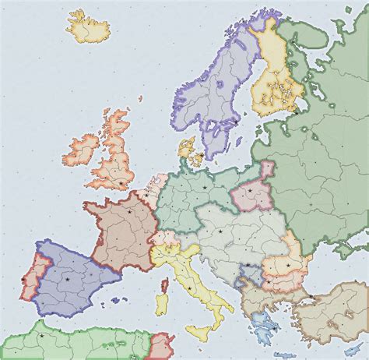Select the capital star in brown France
(x=129, y=211)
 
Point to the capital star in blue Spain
(x=68, y=278)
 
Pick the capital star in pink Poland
(x=251, y=189)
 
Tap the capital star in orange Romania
(x=289, y=266)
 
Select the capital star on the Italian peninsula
(x=190, y=289)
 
